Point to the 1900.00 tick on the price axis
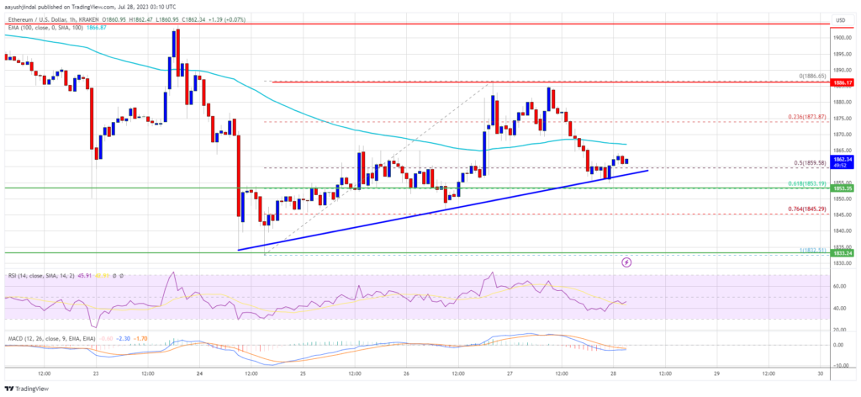pos(843,38)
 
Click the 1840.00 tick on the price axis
pos(843,230)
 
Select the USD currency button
pos(841,19)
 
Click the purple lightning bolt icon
pos(626,262)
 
